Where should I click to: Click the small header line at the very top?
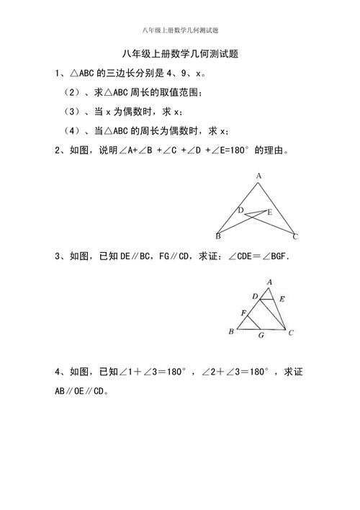[x=180, y=30]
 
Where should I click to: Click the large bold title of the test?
[x=180, y=54]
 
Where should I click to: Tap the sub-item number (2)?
[x=73, y=92]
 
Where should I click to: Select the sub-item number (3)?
[x=73, y=112]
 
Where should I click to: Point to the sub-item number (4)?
[x=73, y=131]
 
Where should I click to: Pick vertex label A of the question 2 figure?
[x=258, y=176]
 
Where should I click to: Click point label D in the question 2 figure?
[x=241, y=210]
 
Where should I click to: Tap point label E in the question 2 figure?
[x=269, y=212]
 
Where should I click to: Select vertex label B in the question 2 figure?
[x=217, y=236]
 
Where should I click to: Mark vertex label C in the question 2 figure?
[x=295, y=236]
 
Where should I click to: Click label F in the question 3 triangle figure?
[x=244, y=311]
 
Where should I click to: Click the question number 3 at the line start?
[x=57, y=256]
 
